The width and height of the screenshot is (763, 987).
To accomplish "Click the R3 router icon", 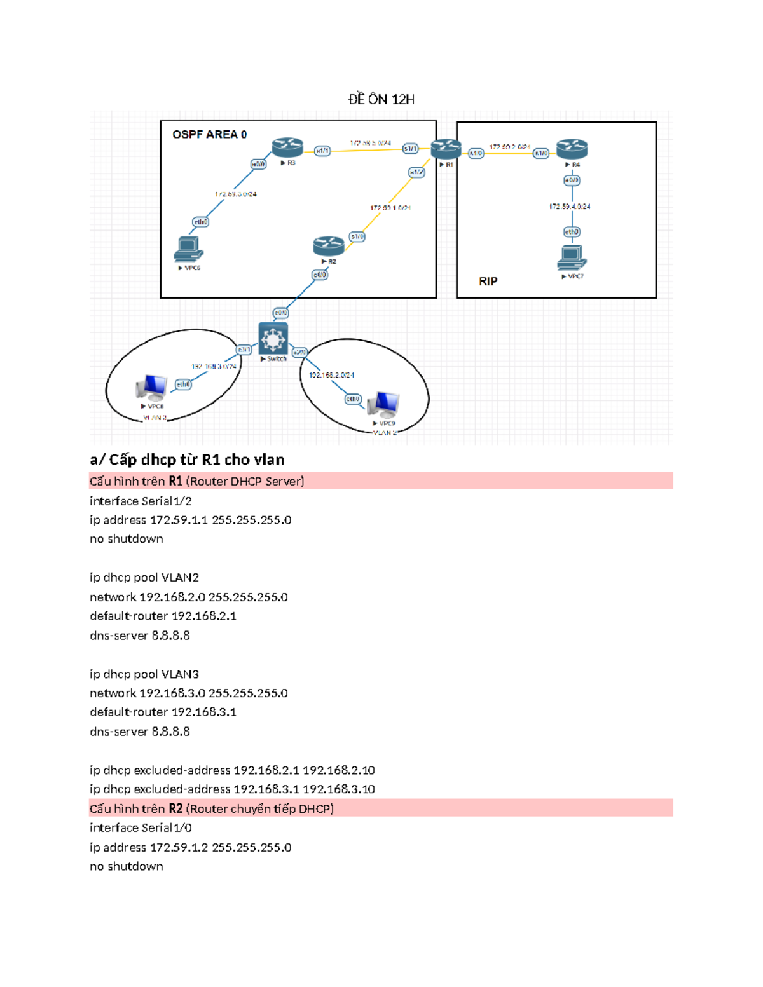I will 287,147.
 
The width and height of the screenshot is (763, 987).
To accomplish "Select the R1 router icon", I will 446,149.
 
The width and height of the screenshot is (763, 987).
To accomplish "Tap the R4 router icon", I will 572,149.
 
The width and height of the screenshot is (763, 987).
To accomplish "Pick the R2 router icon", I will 329,245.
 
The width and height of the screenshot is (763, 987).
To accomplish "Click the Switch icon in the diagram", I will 273,338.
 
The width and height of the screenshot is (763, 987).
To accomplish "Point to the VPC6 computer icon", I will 188,248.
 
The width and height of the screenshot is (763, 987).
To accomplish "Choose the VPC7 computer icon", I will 572,257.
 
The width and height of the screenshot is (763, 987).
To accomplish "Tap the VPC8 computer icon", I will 151,387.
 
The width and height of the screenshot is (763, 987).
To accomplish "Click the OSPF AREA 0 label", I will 209,134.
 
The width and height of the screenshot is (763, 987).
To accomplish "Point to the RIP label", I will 488,281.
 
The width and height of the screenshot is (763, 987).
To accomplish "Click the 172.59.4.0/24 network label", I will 570,207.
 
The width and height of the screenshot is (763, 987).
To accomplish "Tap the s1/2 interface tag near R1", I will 416,172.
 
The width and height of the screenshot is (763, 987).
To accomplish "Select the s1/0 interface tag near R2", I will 357,236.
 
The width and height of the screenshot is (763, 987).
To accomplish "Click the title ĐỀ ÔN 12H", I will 381,99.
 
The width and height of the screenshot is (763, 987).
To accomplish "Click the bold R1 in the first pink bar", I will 175,481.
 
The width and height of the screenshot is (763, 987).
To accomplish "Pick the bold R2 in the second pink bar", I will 175,808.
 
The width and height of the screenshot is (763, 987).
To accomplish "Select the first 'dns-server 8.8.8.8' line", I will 140,635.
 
